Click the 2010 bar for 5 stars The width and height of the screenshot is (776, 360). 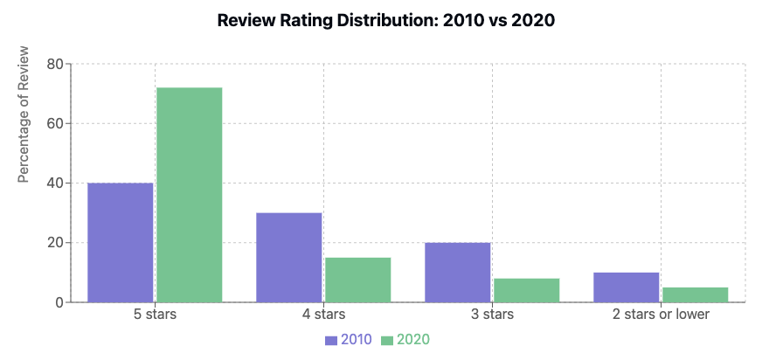tap(121, 242)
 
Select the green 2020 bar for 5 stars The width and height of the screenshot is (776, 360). tap(189, 195)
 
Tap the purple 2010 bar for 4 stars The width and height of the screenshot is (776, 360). tap(289, 257)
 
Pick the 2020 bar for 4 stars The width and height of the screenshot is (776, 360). tap(357, 280)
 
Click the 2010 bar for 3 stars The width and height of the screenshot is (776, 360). tap(458, 272)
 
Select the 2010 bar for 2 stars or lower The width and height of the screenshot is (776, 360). tap(627, 287)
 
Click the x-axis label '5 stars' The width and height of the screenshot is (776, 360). tap(155, 314)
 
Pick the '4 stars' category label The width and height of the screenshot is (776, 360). tap(323, 314)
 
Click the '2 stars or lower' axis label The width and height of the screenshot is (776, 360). tap(661, 314)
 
